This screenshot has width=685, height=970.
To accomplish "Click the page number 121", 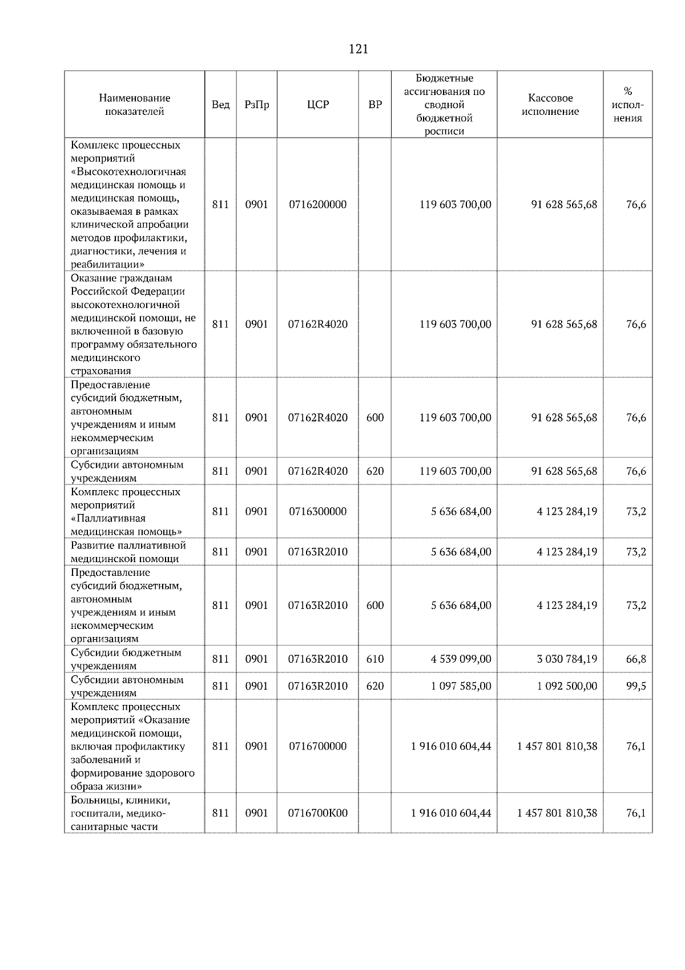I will pos(358,49).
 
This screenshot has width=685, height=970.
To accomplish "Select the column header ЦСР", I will pos(317,105).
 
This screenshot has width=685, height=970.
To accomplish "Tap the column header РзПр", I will pos(256,105).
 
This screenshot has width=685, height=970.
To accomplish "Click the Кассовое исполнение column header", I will pos(550,105).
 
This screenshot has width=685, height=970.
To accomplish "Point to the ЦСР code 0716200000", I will pos(317,205).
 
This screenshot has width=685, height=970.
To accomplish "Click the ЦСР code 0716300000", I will pos(317,511).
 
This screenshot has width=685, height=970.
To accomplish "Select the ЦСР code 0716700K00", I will pos(317,813).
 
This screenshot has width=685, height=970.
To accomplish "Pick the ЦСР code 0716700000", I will pos(317,746).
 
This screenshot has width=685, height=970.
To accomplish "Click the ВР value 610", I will pos(374,659).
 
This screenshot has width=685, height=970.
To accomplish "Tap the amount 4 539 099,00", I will pos(461,659).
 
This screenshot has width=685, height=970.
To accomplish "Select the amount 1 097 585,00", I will pos(461,686).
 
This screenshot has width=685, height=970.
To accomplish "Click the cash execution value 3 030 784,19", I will pos(567,659).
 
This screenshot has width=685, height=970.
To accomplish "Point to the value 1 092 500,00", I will pos(567,686).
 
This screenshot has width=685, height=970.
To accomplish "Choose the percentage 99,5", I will pos(636,686).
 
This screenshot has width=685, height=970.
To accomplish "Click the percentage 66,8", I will pos(636,659).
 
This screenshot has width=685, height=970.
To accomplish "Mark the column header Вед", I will pos(220,105).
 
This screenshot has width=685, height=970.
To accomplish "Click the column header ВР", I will pos(374,105).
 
